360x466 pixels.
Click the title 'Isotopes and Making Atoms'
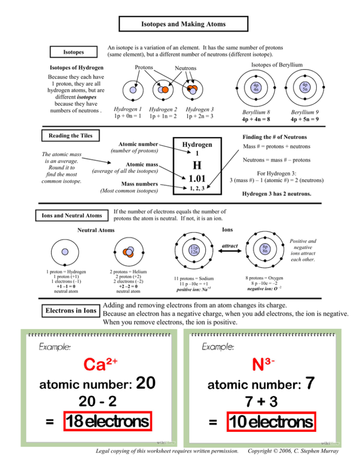[183, 24]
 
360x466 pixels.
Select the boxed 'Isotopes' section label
[74, 51]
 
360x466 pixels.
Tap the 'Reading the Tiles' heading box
[67, 135]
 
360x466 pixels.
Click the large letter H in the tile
[197, 166]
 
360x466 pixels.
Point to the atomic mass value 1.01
[197, 179]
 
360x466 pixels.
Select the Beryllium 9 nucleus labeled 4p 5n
[305, 87]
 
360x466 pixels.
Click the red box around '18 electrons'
[108, 422]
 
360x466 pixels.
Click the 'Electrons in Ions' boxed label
[71, 311]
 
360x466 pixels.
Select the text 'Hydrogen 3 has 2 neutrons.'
[275, 195]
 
